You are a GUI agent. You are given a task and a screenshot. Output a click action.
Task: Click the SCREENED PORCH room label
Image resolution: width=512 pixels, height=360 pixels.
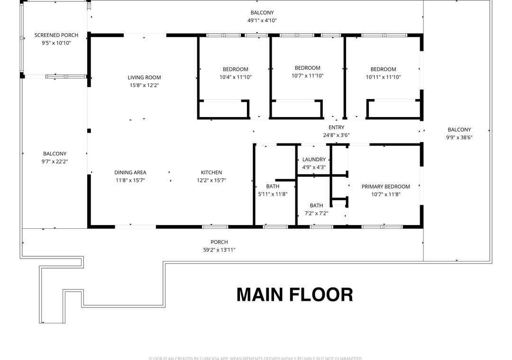click(x=56, y=35)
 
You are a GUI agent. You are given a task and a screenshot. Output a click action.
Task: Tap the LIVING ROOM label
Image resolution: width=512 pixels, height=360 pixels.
click(x=144, y=78)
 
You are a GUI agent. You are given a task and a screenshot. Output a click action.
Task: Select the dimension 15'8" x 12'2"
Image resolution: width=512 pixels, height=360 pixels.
click(x=144, y=86)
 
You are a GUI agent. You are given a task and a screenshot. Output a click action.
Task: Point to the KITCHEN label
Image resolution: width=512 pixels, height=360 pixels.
click(x=211, y=172)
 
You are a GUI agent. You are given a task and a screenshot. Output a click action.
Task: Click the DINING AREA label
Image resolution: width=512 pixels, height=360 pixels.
click(x=130, y=172)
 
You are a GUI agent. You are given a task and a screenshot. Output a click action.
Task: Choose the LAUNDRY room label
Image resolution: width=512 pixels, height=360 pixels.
click(x=314, y=160)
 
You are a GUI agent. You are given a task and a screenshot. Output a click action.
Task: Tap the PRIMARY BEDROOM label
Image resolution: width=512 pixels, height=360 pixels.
click(x=385, y=187)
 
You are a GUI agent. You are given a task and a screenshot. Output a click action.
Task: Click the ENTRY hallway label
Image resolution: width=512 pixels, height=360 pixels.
click(x=337, y=127)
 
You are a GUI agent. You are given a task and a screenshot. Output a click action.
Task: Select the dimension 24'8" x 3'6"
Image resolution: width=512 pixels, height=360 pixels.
click(x=337, y=135)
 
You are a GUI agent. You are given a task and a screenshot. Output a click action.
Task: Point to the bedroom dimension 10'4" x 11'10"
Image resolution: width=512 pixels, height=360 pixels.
click(x=235, y=77)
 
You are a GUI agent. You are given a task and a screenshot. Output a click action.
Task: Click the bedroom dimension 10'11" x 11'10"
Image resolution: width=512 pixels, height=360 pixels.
click(x=383, y=77)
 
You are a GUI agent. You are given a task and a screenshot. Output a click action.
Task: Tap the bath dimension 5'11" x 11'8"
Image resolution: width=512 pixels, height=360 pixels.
click(x=273, y=194)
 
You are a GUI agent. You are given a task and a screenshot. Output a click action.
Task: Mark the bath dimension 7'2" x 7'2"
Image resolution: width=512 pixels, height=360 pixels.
click(x=316, y=213)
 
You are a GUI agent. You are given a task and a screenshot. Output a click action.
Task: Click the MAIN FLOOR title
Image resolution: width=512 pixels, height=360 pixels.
click(x=294, y=295)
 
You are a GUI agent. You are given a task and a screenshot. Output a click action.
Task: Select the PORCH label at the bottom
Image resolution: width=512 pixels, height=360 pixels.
click(x=219, y=242)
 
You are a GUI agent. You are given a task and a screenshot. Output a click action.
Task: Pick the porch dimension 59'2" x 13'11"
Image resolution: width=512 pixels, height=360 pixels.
click(x=219, y=250)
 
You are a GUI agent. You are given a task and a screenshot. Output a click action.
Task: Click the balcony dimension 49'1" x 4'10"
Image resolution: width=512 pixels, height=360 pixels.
click(x=262, y=20)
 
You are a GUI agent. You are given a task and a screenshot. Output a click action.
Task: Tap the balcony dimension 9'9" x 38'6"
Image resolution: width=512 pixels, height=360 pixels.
click(x=459, y=137)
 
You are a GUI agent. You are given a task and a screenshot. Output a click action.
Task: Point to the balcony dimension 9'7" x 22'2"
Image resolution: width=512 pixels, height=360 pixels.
click(x=55, y=162)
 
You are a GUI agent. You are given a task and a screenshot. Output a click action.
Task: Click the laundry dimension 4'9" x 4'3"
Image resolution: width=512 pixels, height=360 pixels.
click(x=314, y=167)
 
